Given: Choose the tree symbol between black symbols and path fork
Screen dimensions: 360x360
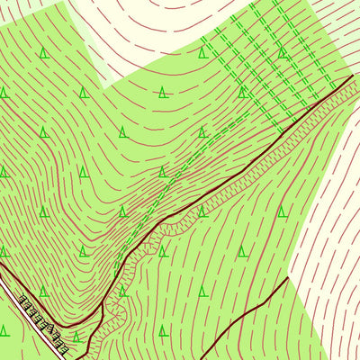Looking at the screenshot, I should tap(76, 337).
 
